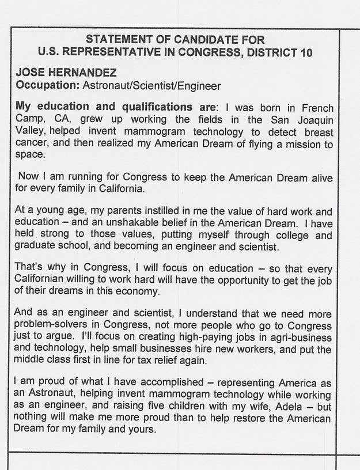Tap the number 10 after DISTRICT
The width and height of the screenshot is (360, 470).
[x=306, y=52]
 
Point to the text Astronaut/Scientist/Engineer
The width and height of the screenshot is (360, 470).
[x=151, y=86]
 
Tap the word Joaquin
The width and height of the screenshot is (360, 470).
[x=314, y=120]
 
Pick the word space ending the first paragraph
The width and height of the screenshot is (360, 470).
[x=29, y=155]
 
